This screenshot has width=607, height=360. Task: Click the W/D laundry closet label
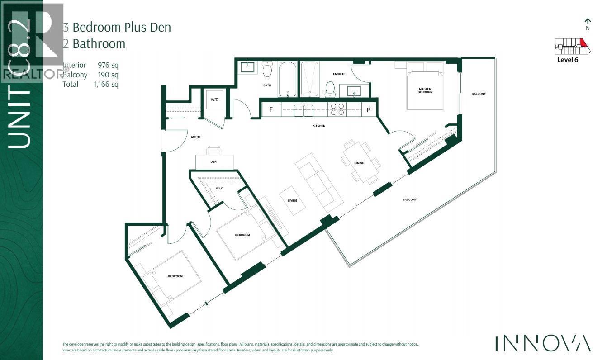point(214,99)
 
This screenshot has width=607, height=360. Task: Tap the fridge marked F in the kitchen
point(271,109)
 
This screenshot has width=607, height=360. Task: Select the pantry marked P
point(368,109)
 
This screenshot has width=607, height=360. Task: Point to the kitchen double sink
point(303,109)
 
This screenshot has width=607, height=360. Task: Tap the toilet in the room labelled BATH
point(268,71)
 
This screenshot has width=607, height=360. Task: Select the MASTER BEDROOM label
point(425,90)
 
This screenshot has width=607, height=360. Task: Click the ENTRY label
point(196,137)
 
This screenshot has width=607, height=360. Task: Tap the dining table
point(360,161)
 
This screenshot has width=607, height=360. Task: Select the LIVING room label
point(292,200)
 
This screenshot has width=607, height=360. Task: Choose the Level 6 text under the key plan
point(567,60)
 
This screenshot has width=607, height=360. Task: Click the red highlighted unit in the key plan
point(583,43)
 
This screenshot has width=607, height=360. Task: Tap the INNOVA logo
point(543,343)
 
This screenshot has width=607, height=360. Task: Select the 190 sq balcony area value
point(108,75)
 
